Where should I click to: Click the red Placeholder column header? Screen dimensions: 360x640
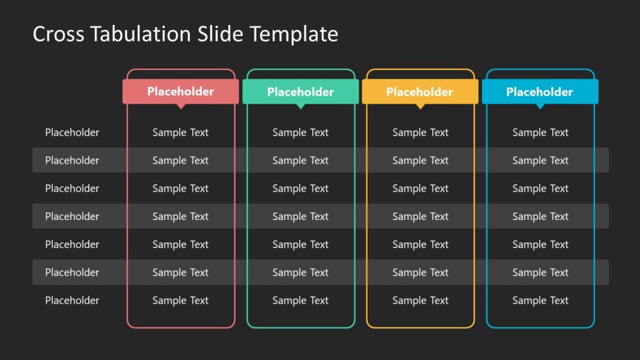pos(181,91)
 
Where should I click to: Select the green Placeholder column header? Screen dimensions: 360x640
pos(301,92)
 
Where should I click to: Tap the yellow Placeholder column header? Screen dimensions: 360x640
pos(420,92)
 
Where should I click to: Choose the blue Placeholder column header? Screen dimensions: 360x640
pos(540,92)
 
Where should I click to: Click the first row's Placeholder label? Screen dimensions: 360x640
pos(72,132)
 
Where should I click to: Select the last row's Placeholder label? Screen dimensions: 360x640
pos(72,301)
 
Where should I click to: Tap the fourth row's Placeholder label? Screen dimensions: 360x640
pos(72,216)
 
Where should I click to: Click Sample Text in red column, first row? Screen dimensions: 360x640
pos(181,132)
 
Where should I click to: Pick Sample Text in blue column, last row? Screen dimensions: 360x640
pos(541,301)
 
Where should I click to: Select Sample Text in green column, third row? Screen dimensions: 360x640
pos(301,188)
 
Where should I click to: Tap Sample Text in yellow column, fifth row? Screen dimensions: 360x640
pos(421,244)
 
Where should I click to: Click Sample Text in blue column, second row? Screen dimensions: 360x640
pos(541,161)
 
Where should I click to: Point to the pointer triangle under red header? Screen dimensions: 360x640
pos(181,106)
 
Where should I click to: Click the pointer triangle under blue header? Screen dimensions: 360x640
pos(540,106)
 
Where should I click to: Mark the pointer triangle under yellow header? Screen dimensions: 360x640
pos(420,106)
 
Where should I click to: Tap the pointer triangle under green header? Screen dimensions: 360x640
pos(301,106)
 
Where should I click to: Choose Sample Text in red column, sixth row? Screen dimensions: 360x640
pos(181,272)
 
